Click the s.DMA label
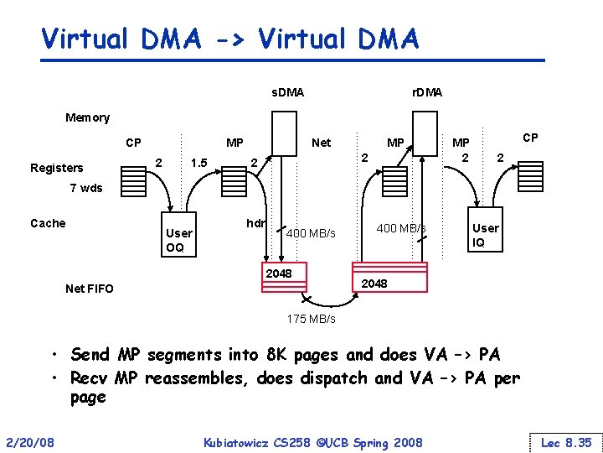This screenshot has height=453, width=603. (287, 91)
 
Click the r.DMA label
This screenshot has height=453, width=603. (427, 91)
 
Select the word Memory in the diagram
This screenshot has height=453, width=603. (87, 117)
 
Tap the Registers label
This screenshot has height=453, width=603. (57, 168)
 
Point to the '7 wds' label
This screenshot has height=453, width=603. (85, 188)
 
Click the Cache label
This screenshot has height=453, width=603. (48, 223)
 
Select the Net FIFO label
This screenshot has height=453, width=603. (89, 289)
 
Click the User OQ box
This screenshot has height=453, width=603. (179, 239)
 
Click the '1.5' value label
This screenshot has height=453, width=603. (198, 162)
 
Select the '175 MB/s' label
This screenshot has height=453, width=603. (311, 319)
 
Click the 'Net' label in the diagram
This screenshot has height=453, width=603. (321, 143)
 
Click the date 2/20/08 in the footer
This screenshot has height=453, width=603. (29, 441)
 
